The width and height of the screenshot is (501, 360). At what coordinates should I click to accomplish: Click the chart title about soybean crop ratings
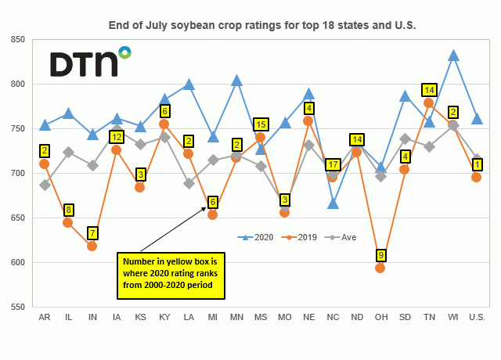point(262,26)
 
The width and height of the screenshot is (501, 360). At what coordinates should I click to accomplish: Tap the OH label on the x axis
point(380,317)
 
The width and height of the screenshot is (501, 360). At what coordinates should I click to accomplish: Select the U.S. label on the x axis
point(476,317)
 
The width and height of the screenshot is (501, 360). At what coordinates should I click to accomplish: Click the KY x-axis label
point(164,317)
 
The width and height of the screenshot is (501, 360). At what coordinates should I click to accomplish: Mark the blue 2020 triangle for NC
point(333,203)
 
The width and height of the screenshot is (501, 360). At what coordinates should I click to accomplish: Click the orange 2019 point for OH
point(380,268)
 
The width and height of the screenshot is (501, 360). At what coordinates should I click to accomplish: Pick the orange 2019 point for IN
point(92,246)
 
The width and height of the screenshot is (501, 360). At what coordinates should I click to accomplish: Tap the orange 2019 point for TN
point(428,103)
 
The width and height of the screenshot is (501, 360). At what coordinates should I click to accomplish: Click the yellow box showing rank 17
point(333,165)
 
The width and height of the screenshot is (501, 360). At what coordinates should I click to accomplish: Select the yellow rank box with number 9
point(380,254)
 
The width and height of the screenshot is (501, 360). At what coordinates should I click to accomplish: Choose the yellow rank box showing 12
point(117,137)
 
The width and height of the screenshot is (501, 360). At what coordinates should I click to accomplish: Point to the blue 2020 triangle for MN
point(236,81)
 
